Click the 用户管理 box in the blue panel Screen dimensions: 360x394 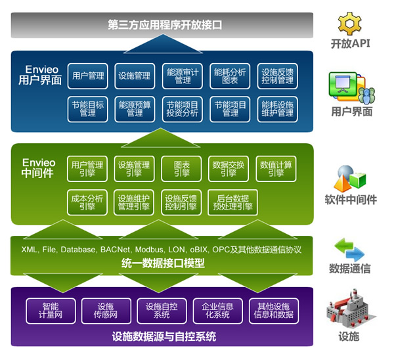pos(88,76)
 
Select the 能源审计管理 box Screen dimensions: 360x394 pos(183,76)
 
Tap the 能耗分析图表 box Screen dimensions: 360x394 pos(230,76)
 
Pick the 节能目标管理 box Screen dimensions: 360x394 pos(88,108)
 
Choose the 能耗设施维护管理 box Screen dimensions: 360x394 pos(277,108)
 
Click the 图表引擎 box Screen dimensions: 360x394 pos(182,168)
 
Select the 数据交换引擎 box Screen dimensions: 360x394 pos(229,168)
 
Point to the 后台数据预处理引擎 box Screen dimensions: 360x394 pos(232,202)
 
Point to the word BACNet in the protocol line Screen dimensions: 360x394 pos(113,250)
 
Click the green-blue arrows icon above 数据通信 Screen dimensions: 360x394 pos(349,248)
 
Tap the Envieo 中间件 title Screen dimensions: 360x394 pos(39,168)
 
